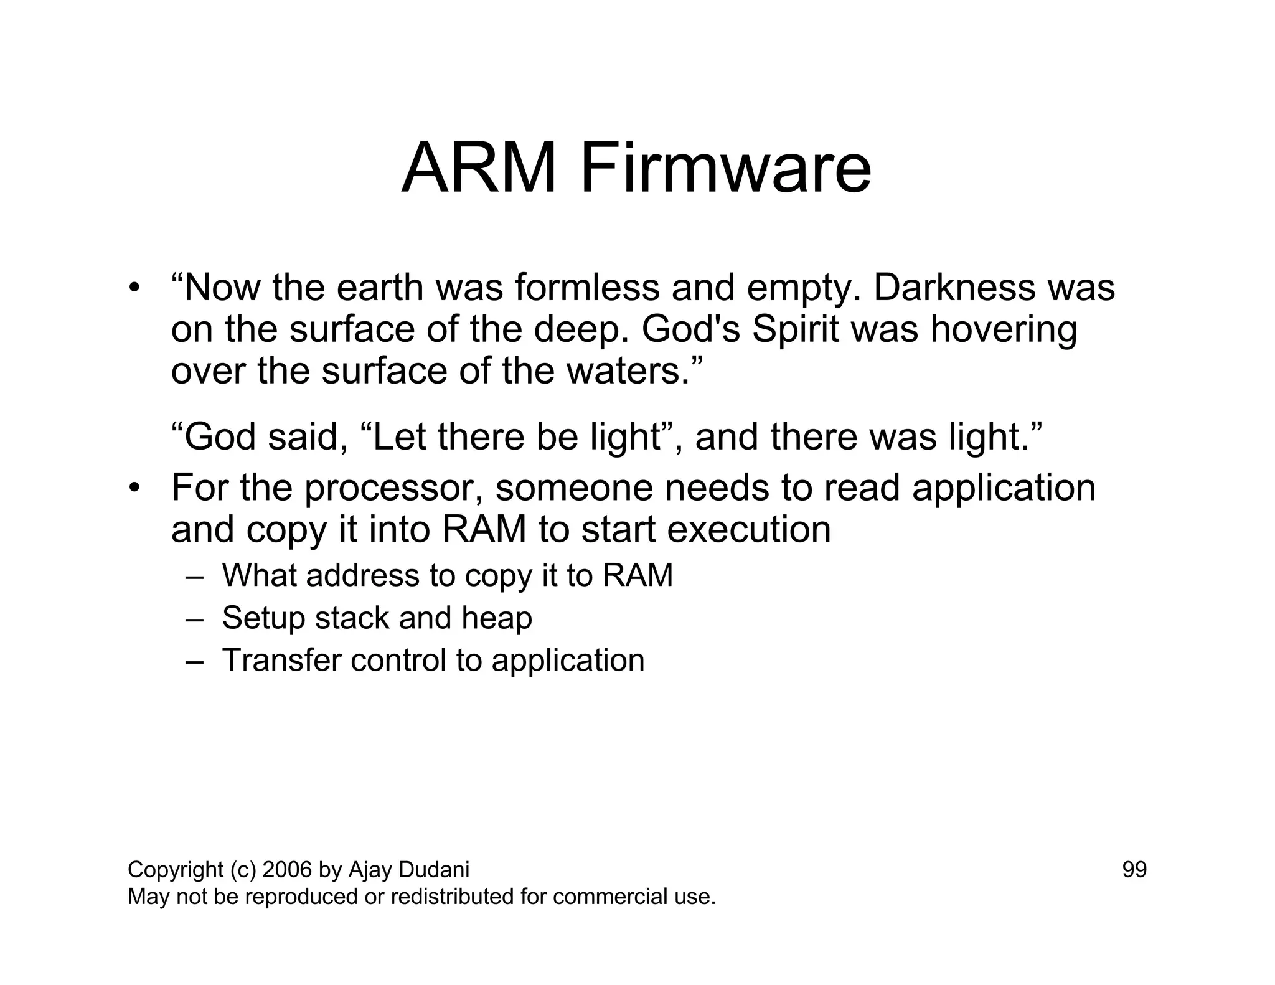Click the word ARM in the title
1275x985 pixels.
(478, 169)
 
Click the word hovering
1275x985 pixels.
(1004, 331)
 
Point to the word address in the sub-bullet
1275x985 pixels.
(363, 575)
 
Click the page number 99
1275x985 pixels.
(1134, 870)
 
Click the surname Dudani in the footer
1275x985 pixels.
(434, 870)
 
